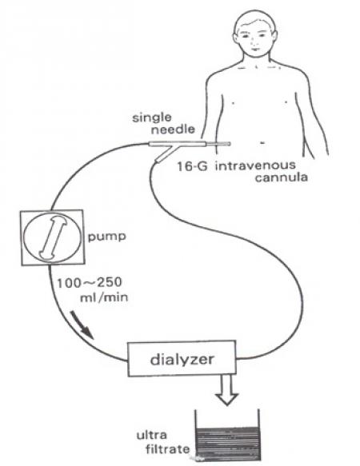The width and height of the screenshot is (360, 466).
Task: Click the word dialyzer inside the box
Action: click(x=182, y=360)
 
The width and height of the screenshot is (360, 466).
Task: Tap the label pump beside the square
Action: click(x=107, y=237)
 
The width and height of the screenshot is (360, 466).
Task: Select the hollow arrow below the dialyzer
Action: click(x=226, y=390)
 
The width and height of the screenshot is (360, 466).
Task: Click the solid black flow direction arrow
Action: click(x=82, y=325)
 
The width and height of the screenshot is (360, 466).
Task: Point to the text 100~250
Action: click(x=90, y=282)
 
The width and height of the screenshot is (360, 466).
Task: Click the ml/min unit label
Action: click(x=104, y=297)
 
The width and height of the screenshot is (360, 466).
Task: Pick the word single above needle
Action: click(x=152, y=117)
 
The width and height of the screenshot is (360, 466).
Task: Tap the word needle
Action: click(x=173, y=129)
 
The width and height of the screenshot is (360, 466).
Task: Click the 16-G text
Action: click(x=192, y=166)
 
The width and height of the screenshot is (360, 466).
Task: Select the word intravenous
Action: click(x=255, y=165)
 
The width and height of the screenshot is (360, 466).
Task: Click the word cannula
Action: click(x=281, y=177)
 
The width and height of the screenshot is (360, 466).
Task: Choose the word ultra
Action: click(x=151, y=435)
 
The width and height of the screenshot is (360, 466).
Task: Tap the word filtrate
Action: click(x=167, y=448)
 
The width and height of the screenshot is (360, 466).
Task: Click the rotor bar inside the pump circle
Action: click(x=54, y=237)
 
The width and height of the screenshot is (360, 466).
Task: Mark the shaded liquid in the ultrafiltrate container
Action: click(x=228, y=444)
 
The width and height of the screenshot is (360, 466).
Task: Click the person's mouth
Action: click(x=254, y=50)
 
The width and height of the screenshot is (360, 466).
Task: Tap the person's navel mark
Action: click(x=262, y=143)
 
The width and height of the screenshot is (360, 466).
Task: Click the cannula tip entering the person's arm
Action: click(x=229, y=144)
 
